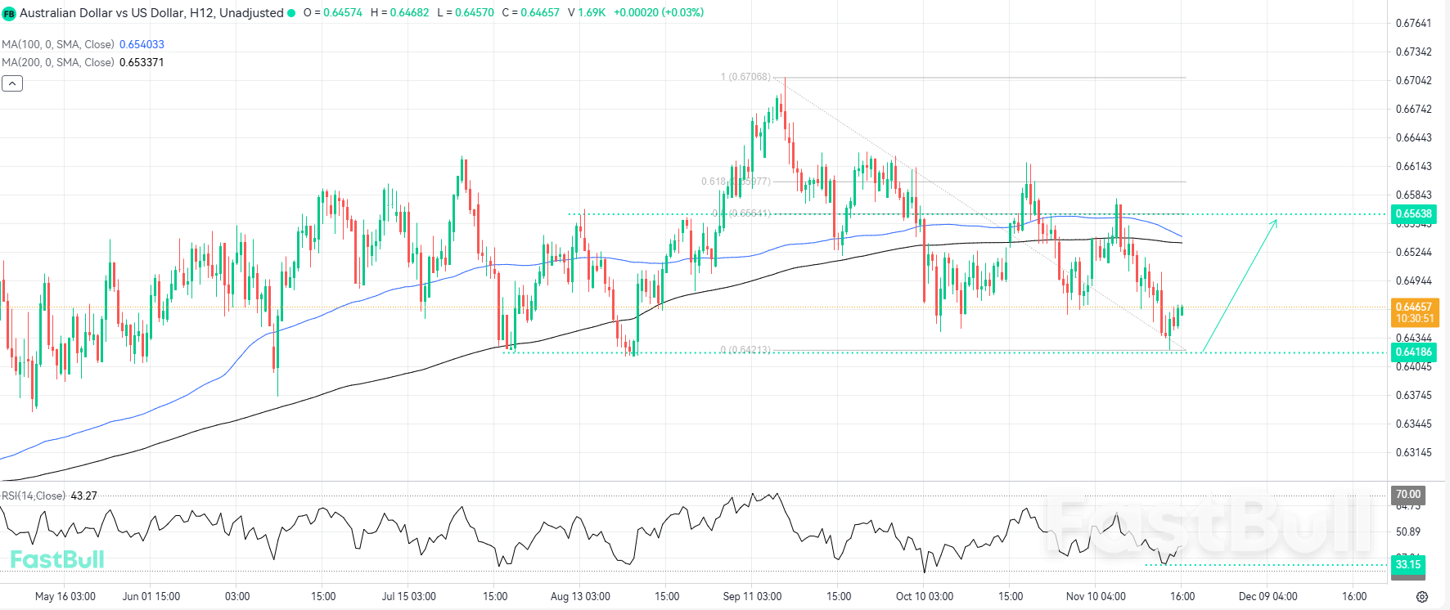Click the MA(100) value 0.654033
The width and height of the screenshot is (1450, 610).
(x=142, y=44)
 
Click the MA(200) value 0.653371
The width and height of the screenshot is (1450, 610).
(x=142, y=62)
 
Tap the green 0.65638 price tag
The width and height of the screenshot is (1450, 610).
(x=1414, y=214)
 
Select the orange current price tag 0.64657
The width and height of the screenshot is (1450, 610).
(x=1414, y=307)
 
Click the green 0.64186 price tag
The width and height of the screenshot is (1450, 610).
(x=1414, y=352)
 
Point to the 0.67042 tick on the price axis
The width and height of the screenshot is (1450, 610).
(x=1413, y=80)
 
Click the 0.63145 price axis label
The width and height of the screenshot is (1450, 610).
(x=1413, y=452)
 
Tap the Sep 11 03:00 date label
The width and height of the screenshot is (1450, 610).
(x=752, y=596)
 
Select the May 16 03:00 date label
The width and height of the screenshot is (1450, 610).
(x=65, y=596)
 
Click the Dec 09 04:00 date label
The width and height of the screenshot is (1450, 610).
(x=1268, y=596)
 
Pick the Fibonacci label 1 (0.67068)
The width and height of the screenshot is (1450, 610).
(x=745, y=77)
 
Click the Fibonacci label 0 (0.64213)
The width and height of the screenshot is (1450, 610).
(x=745, y=350)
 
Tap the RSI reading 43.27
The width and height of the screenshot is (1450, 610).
(x=84, y=496)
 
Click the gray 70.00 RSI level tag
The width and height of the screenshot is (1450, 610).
(x=1408, y=494)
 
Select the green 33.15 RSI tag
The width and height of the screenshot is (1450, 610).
(x=1408, y=564)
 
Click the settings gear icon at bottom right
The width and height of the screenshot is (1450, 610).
(x=1422, y=597)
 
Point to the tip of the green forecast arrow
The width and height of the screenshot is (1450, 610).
(x=1277, y=220)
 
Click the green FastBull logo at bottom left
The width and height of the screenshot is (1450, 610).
(x=57, y=559)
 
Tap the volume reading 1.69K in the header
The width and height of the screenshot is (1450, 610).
(x=592, y=12)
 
